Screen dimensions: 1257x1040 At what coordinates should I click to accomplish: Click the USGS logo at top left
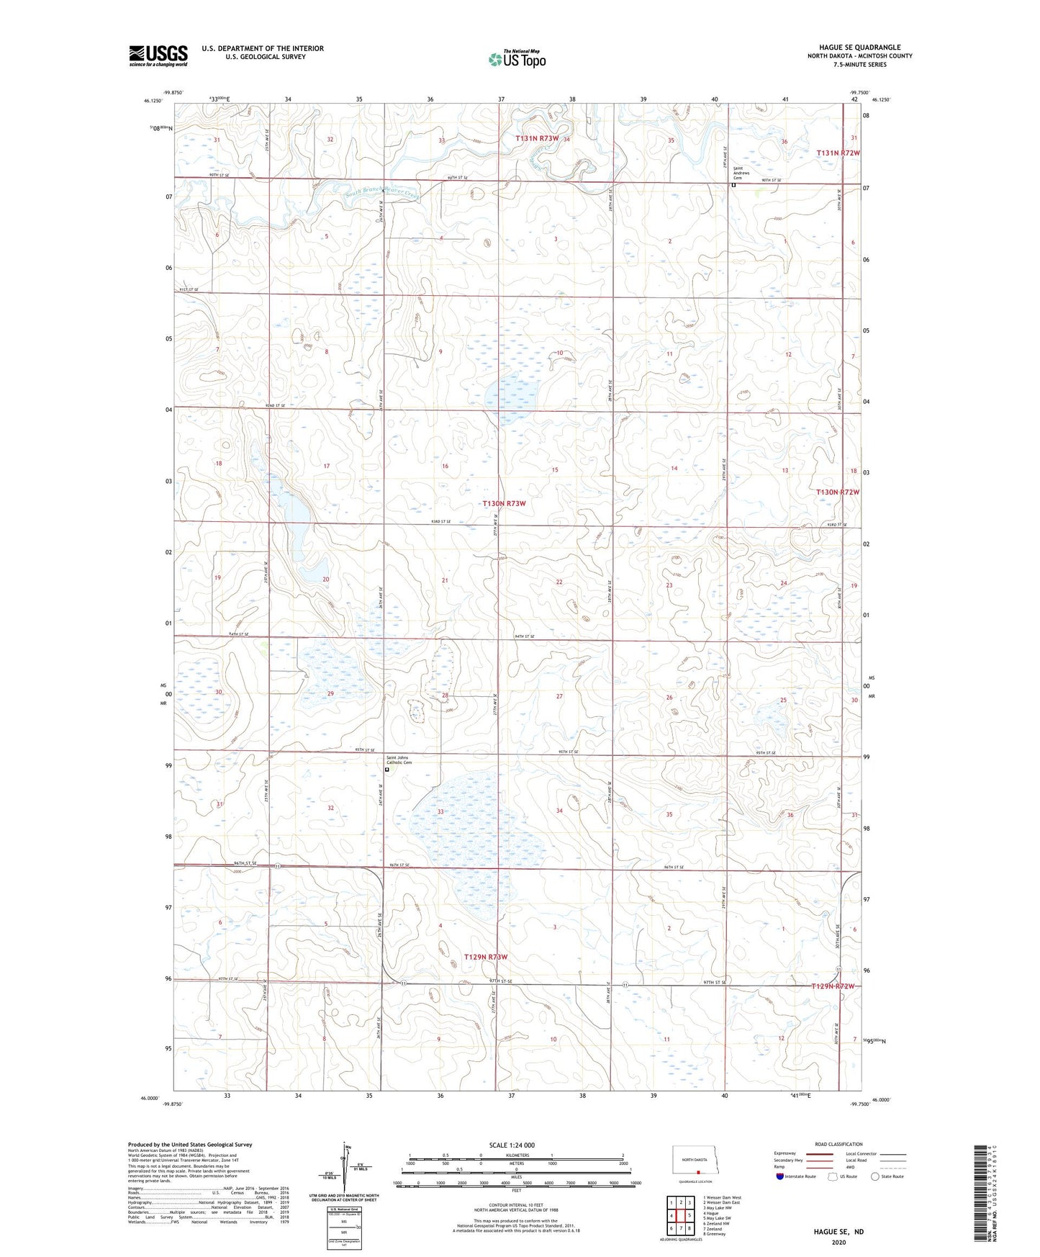(x=158, y=55)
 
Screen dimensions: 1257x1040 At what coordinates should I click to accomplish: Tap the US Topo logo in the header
(x=517, y=59)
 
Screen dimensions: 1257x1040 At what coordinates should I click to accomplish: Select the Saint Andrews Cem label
(x=741, y=173)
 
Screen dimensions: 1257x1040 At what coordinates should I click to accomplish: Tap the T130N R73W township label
(x=504, y=504)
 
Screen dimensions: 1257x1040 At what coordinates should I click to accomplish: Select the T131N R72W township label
(x=838, y=153)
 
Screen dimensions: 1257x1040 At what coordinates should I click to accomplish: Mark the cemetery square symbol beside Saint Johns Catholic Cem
(x=387, y=770)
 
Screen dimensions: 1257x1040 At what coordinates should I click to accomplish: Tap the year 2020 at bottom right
(x=838, y=1242)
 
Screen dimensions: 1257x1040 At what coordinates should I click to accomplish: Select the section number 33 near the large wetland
(x=440, y=812)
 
